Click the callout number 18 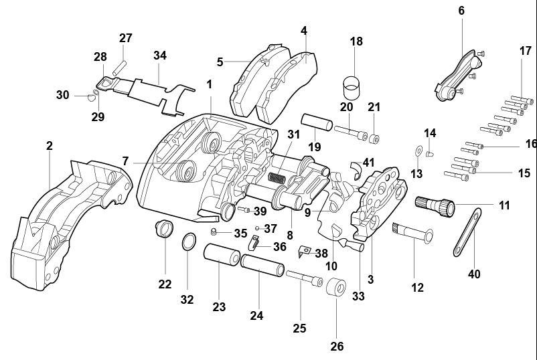pyautogui.click(x=356, y=41)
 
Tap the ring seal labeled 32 pyautogui.click(x=189, y=242)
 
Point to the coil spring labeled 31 pyautogui.click(x=277, y=177)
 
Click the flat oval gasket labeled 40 pyautogui.click(x=466, y=232)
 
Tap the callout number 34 pyautogui.click(x=159, y=55)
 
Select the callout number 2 pyautogui.click(x=50, y=145)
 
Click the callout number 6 pyautogui.click(x=461, y=11)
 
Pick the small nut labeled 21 pyautogui.click(x=374, y=139)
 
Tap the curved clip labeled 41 pyautogui.click(x=355, y=169)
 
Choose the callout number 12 pyautogui.click(x=417, y=288)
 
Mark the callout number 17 pyautogui.click(x=525, y=50)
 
